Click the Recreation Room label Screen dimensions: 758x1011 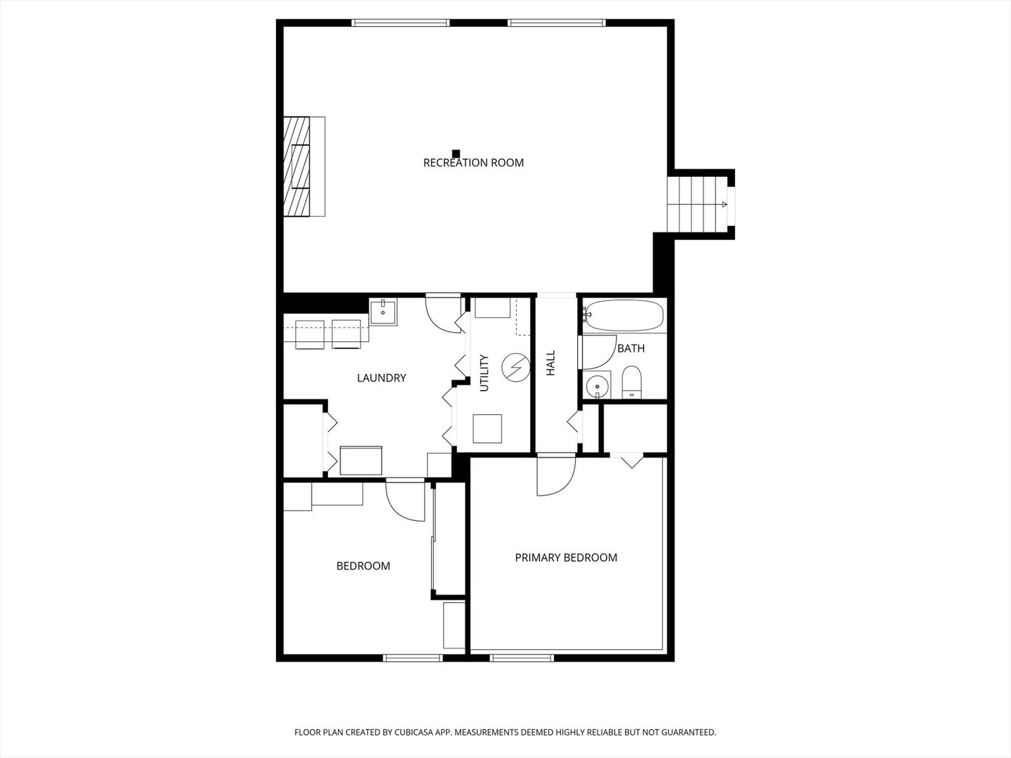(x=473, y=163)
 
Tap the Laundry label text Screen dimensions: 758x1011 (x=381, y=378)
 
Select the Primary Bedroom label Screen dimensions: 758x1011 (x=566, y=558)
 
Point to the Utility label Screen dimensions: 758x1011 (x=484, y=373)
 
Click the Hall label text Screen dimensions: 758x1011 (x=551, y=363)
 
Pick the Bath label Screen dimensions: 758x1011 (x=630, y=348)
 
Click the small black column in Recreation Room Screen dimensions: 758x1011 (x=456, y=153)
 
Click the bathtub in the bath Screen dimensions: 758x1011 (x=624, y=316)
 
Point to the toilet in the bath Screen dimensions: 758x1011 (x=632, y=382)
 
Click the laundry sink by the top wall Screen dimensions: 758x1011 (x=383, y=312)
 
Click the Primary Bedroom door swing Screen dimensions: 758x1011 (x=554, y=476)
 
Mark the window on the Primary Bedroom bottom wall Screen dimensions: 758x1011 (x=521, y=658)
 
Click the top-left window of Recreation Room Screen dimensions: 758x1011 (x=399, y=23)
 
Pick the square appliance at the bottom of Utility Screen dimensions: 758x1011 (x=487, y=429)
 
